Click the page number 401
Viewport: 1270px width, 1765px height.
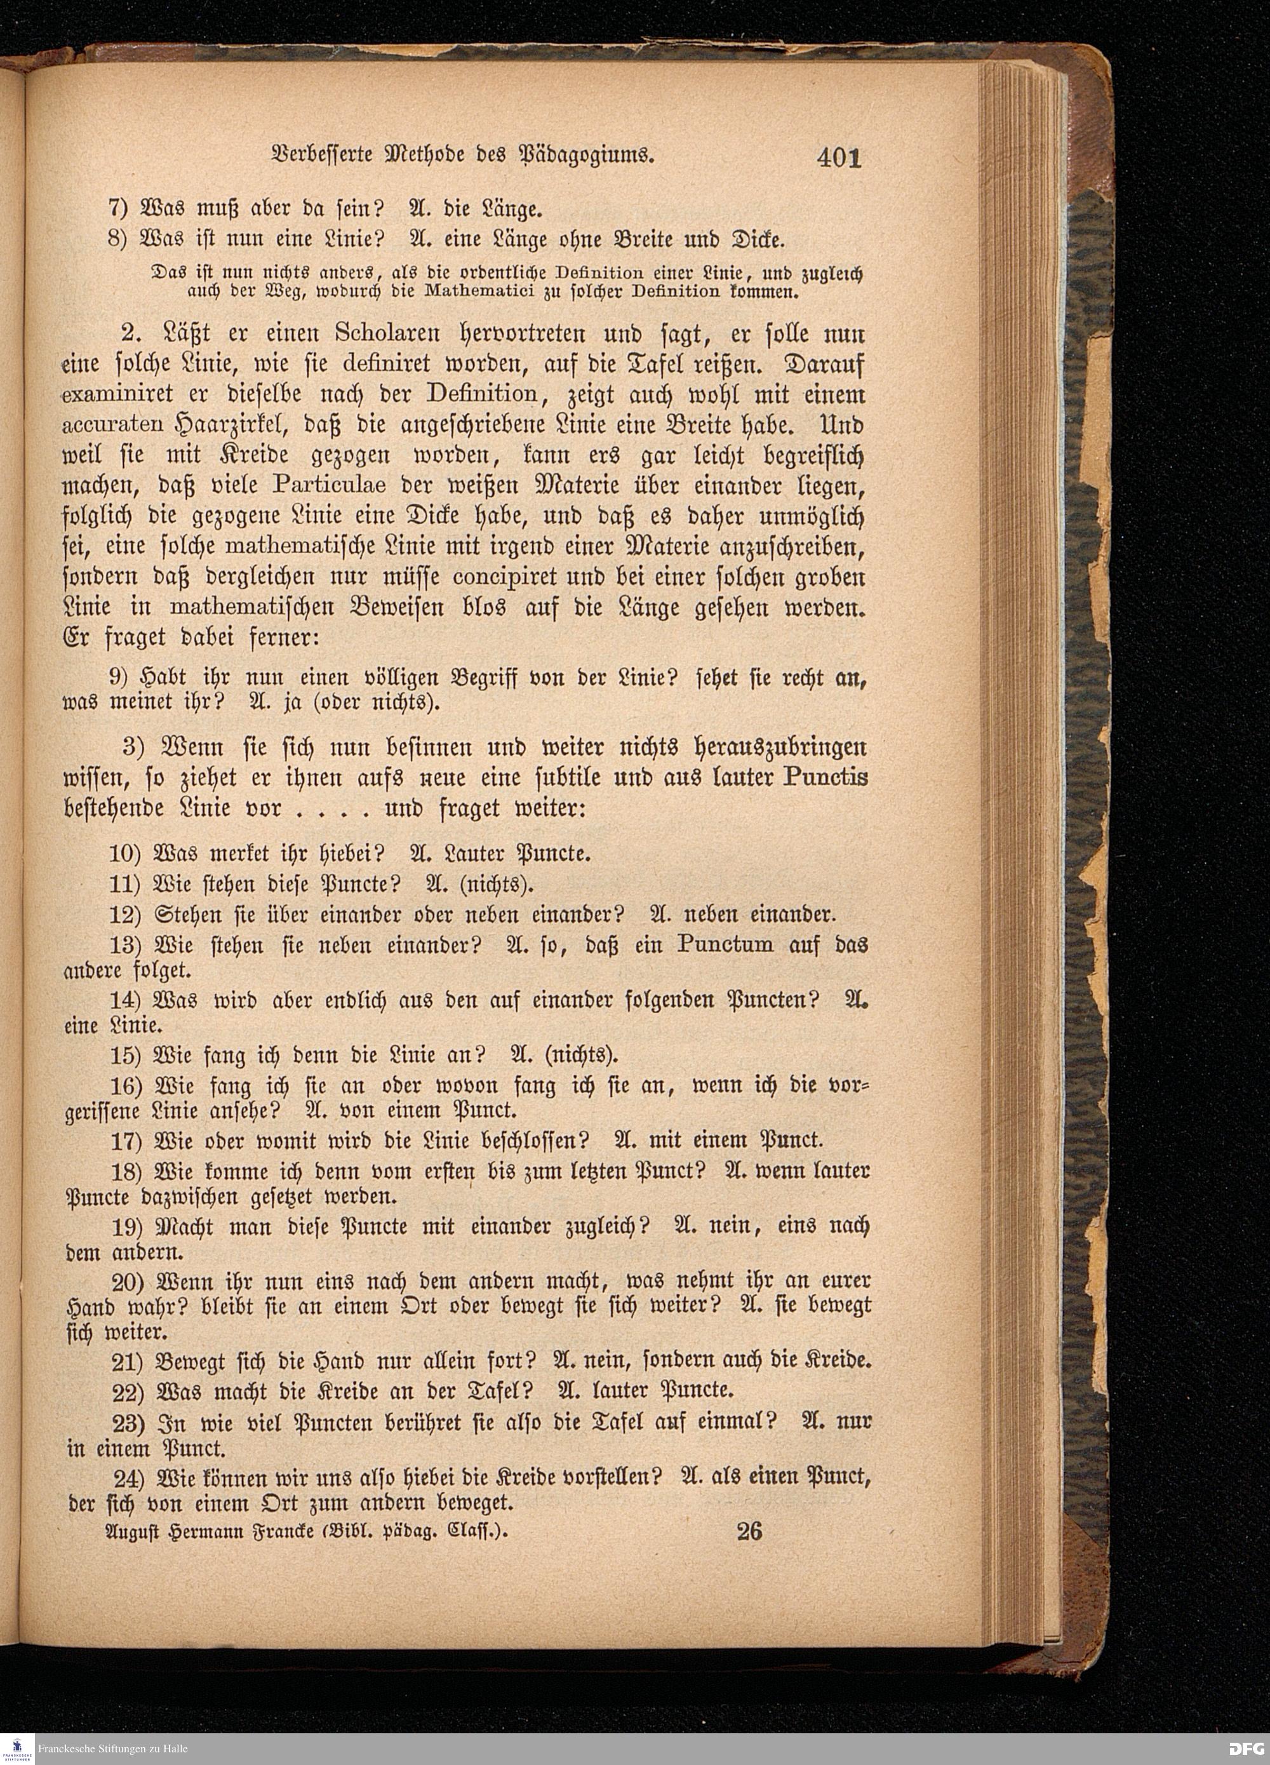(x=839, y=158)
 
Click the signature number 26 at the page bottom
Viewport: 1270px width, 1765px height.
(x=749, y=1531)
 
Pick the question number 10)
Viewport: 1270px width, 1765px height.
(x=124, y=854)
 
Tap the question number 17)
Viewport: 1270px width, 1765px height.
(x=124, y=1141)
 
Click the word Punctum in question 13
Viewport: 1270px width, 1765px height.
(x=725, y=945)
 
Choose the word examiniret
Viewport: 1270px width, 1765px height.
(x=109, y=396)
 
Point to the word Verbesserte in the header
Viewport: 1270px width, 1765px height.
(x=317, y=156)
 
